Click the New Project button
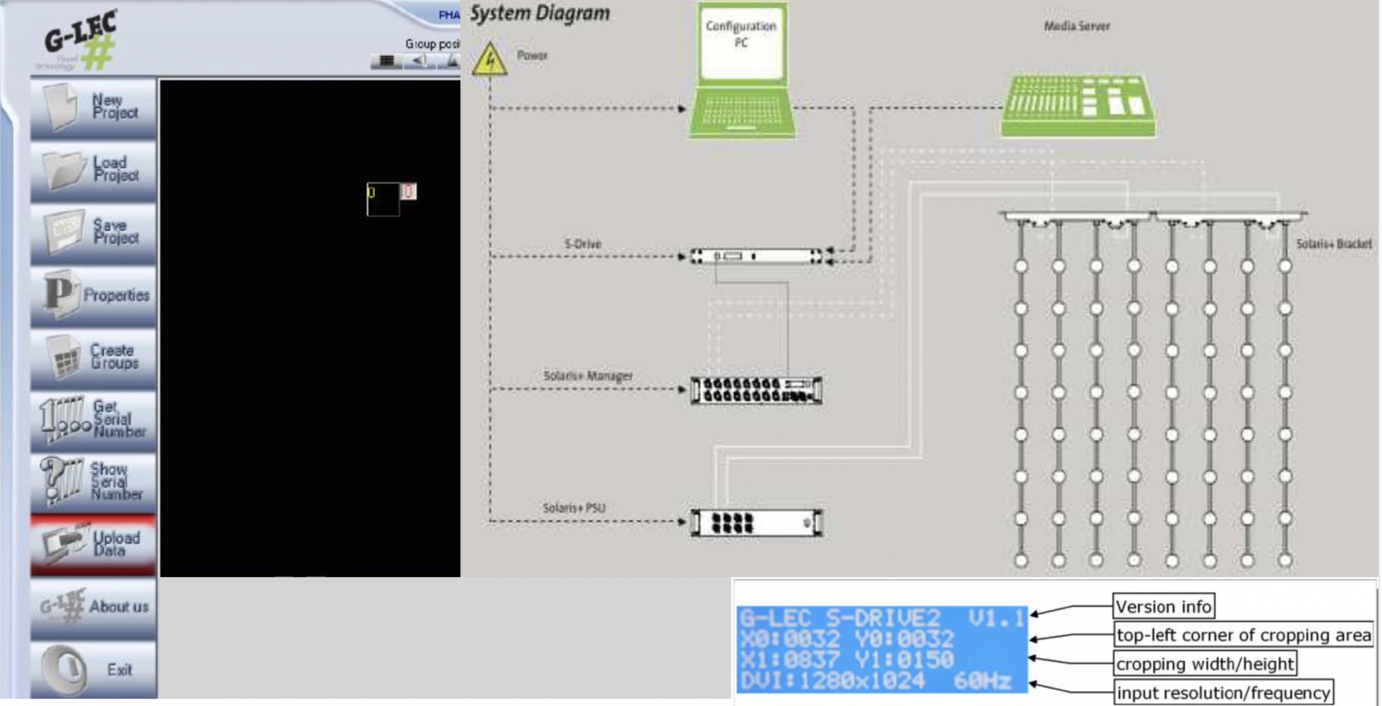[93, 108]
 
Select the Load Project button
[93, 170]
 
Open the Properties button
[93, 296]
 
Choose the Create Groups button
[93, 358]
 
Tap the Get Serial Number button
[93, 420]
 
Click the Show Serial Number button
[93, 482]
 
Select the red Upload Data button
[93, 544]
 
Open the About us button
[93, 607]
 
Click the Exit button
[93, 670]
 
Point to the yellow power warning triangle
[490, 60]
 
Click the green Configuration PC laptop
[741, 73]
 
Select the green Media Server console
[1077, 106]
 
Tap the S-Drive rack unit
[756, 257]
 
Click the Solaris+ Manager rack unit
[756, 391]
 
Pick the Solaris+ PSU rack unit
[756, 523]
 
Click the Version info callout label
[1163, 607]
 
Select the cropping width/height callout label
[1205, 664]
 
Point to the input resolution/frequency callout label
[1223, 692]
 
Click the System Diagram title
[540, 14]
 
